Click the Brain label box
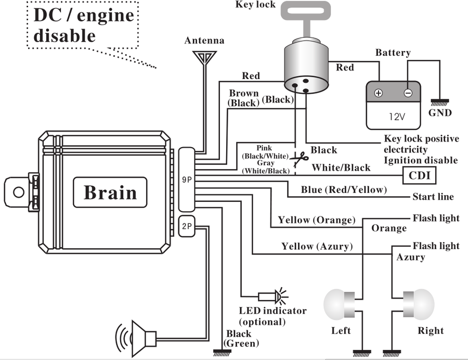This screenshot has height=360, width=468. pyautogui.click(x=110, y=192)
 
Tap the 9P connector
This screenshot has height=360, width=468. pyautogui.click(x=187, y=179)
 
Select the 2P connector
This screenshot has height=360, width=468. pyautogui.click(x=187, y=226)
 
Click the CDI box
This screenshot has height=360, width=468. pyautogui.click(x=419, y=175)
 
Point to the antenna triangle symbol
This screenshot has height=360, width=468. pyautogui.click(x=204, y=57)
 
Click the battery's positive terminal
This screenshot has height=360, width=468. pyautogui.click(x=379, y=93)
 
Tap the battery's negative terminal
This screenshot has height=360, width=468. pyautogui.click(x=408, y=93)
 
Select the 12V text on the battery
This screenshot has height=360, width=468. pyautogui.click(x=397, y=117)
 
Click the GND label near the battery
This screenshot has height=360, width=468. pyautogui.click(x=440, y=113)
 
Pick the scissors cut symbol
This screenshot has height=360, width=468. pyautogui.click(x=300, y=159)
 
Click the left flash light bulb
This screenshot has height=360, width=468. pyautogui.click(x=339, y=304)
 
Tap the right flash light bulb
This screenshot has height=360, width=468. pyautogui.click(x=419, y=304)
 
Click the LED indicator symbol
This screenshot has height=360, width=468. pyautogui.click(x=273, y=296)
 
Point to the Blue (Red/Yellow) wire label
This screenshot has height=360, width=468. pyautogui.click(x=344, y=190)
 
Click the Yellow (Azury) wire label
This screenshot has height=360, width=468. pyautogui.click(x=317, y=246)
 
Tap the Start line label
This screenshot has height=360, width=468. pyautogui.click(x=433, y=197)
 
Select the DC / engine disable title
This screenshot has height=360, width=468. pyautogui.click(x=84, y=25)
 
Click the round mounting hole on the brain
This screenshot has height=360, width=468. pyautogui.click(x=19, y=192)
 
